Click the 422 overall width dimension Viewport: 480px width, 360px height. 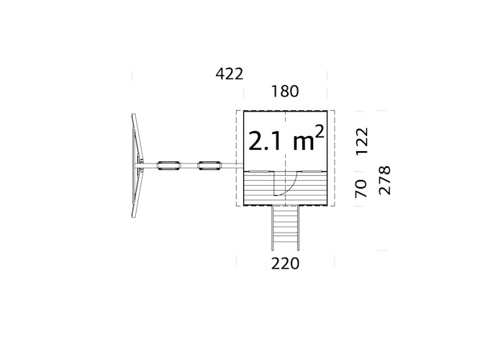tap(230, 74)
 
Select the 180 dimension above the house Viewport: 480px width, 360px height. tap(285, 91)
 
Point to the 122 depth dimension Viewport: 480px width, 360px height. tap(361, 141)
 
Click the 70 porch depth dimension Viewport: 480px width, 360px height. tap(361, 189)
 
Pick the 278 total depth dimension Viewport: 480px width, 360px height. tap(385, 181)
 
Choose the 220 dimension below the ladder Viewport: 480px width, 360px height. tap(285, 264)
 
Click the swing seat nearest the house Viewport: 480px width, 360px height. tap(209, 166)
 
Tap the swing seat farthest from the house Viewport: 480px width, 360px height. tap(168, 166)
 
